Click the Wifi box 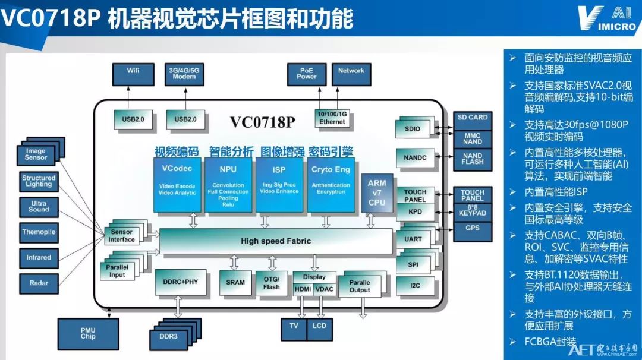(134, 74)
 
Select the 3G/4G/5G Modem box (184, 74)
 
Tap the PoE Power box (307, 74)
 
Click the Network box (351, 74)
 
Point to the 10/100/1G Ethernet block (332, 118)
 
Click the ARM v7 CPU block (377, 193)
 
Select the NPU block (228, 185)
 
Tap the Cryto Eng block (331, 185)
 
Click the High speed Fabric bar (276, 241)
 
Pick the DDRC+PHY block (180, 282)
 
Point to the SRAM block (235, 282)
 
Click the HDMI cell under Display (303, 289)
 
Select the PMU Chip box (88, 334)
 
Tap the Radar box (39, 283)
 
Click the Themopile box (39, 232)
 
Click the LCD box (319, 329)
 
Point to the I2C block (415, 286)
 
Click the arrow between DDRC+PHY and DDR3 (178, 307)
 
